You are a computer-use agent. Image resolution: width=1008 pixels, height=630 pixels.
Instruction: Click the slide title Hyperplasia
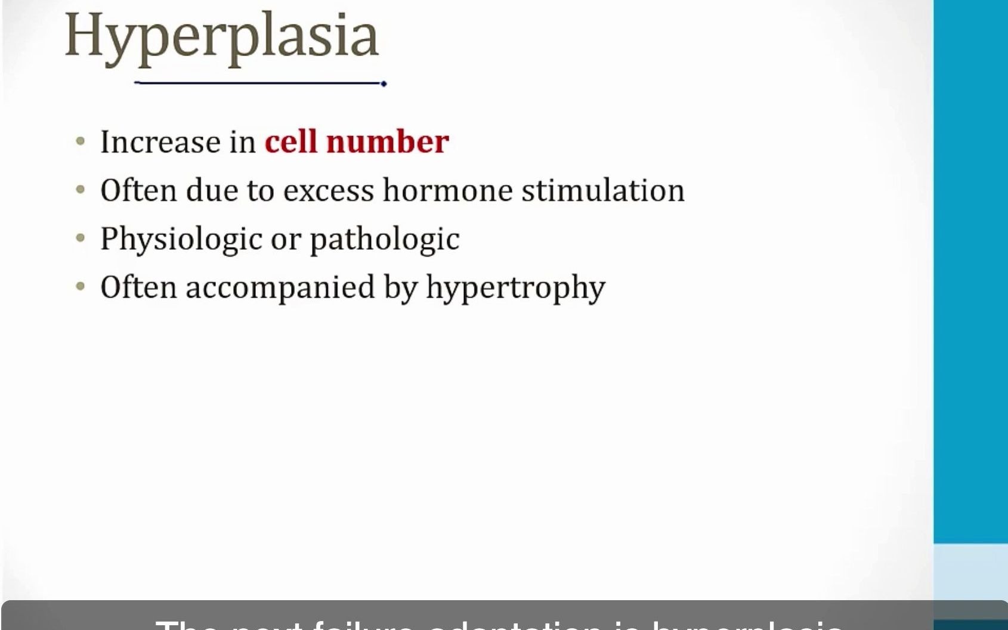click(221, 37)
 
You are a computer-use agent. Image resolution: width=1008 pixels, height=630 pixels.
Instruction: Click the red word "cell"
click(290, 142)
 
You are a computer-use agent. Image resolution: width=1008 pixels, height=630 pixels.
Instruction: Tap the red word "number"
click(387, 142)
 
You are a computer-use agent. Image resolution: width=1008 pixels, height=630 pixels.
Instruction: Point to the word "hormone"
click(447, 190)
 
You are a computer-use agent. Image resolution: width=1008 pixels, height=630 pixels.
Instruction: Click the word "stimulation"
click(602, 190)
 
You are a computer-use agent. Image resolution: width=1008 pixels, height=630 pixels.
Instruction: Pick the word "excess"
click(329, 191)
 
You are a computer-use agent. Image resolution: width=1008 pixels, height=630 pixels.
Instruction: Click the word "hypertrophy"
click(515, 288)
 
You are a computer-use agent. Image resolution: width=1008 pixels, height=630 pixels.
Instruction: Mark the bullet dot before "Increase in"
click(81, 142)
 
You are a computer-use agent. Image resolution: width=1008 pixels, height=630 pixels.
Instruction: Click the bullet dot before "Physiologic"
click(81, 239)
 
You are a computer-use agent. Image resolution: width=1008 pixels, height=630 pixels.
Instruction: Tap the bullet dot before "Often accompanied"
click(81, 287)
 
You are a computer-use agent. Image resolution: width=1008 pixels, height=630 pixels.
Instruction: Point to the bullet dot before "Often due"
click(81, 190)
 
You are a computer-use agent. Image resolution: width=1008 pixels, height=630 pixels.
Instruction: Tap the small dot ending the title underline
click(384, 84)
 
